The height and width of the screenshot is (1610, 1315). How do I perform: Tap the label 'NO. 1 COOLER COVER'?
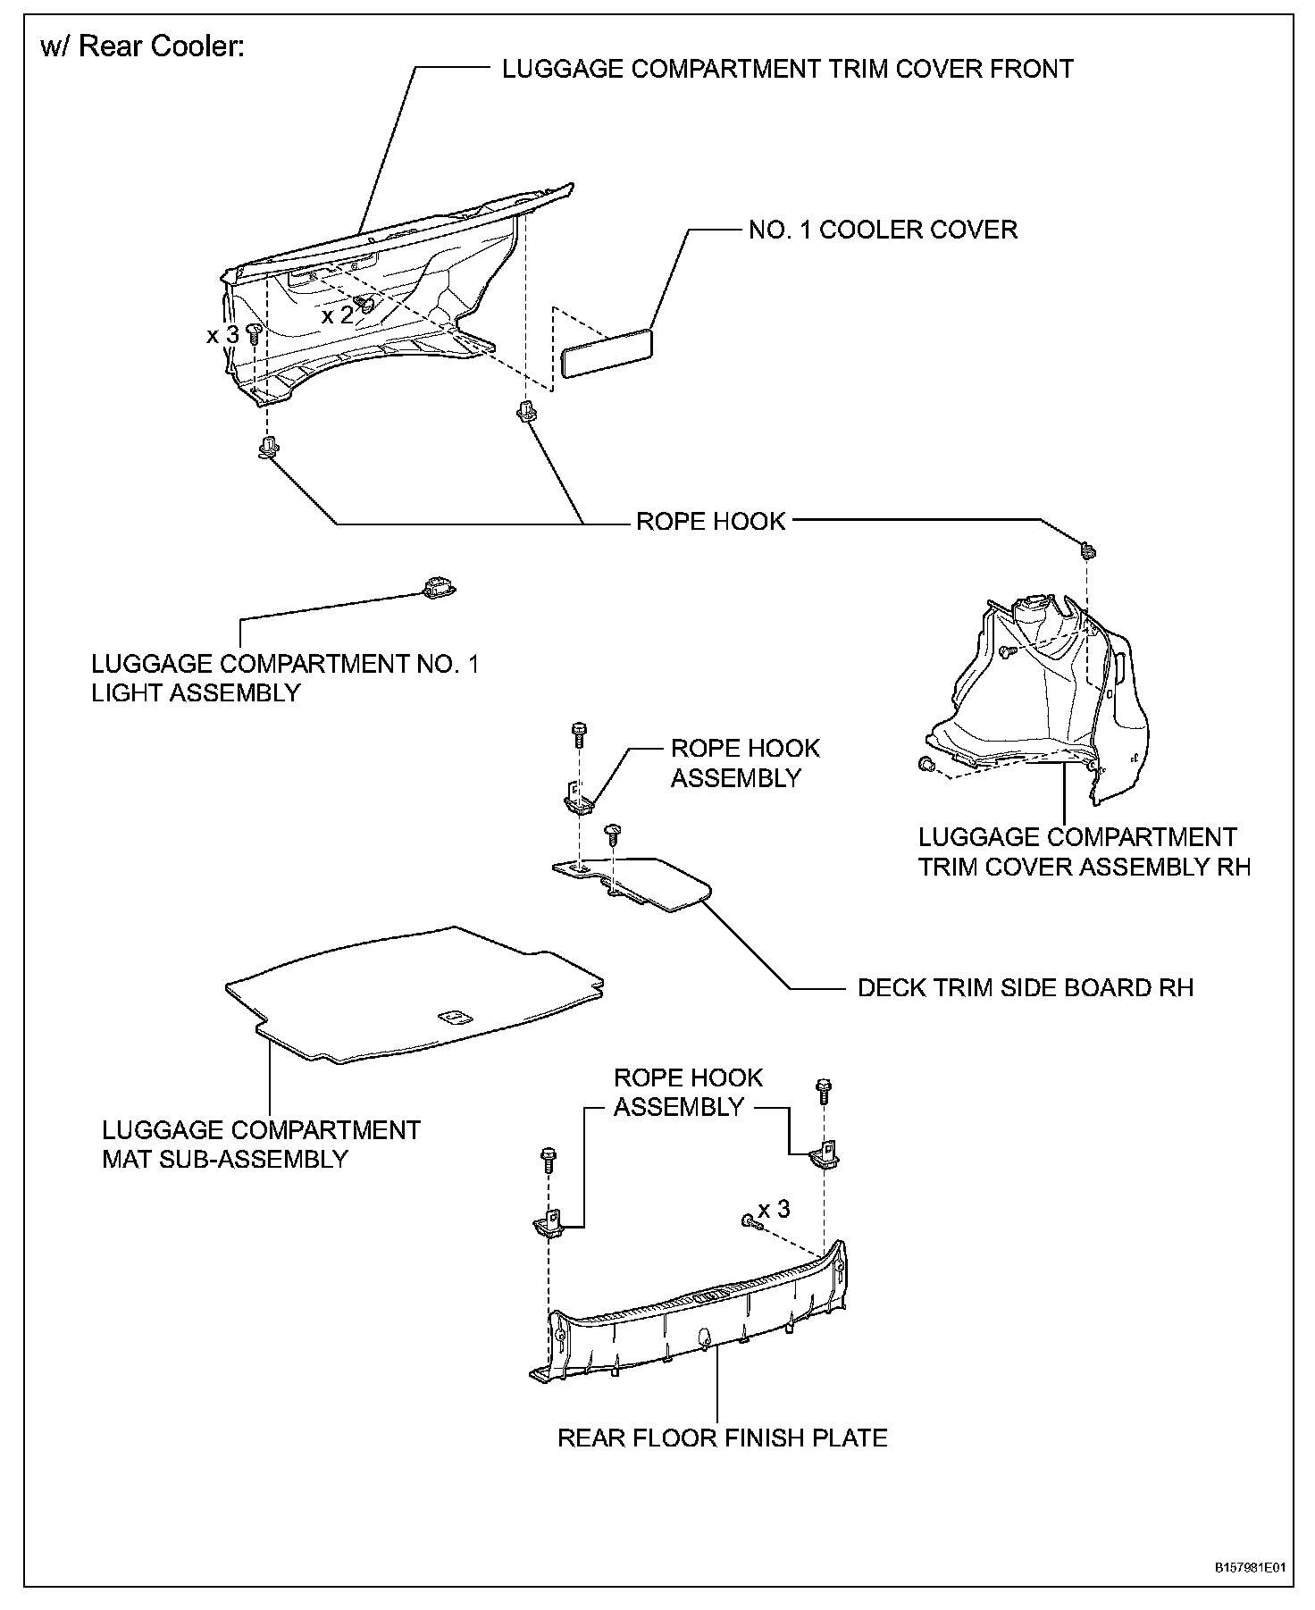pos(883,230)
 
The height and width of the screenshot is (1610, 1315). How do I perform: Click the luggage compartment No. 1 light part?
pos(436,586)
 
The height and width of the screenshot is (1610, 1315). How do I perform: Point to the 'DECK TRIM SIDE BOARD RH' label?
pos(1025,987)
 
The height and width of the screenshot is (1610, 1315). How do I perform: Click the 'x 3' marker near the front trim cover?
pos(222,335)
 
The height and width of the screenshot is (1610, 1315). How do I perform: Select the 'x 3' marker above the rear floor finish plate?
pos(774,1209)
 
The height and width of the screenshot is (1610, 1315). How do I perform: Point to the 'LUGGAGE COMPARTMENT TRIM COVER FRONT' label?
pos(787,69)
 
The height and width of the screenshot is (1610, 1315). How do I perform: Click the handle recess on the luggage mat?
pos(455,1017)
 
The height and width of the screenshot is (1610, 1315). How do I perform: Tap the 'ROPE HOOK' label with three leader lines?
pos(710,521)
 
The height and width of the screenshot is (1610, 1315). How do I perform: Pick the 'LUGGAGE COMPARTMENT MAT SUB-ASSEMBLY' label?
pos(261,1145)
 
